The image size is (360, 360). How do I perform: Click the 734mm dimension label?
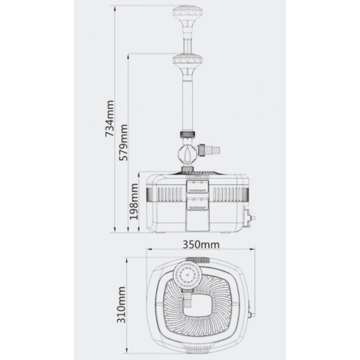point(109,118)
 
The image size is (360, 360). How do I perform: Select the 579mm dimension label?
point(123,142)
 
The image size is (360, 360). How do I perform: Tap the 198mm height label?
point(134,202)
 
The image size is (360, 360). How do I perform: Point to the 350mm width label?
point(201,244)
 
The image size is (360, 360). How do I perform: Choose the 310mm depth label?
point(121,305)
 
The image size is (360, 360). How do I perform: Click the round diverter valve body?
point(187,154)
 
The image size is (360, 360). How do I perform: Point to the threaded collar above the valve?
point(188,134)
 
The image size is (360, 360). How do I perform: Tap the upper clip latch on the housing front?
point(197,187)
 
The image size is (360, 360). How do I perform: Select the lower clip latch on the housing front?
point(197,204)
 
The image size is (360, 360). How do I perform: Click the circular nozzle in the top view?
point(187,275)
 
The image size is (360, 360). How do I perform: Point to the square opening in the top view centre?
point(197,307)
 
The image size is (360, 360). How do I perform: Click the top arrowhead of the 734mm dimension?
point(115,9)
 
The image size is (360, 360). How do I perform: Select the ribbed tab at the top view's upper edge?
point(198,260)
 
